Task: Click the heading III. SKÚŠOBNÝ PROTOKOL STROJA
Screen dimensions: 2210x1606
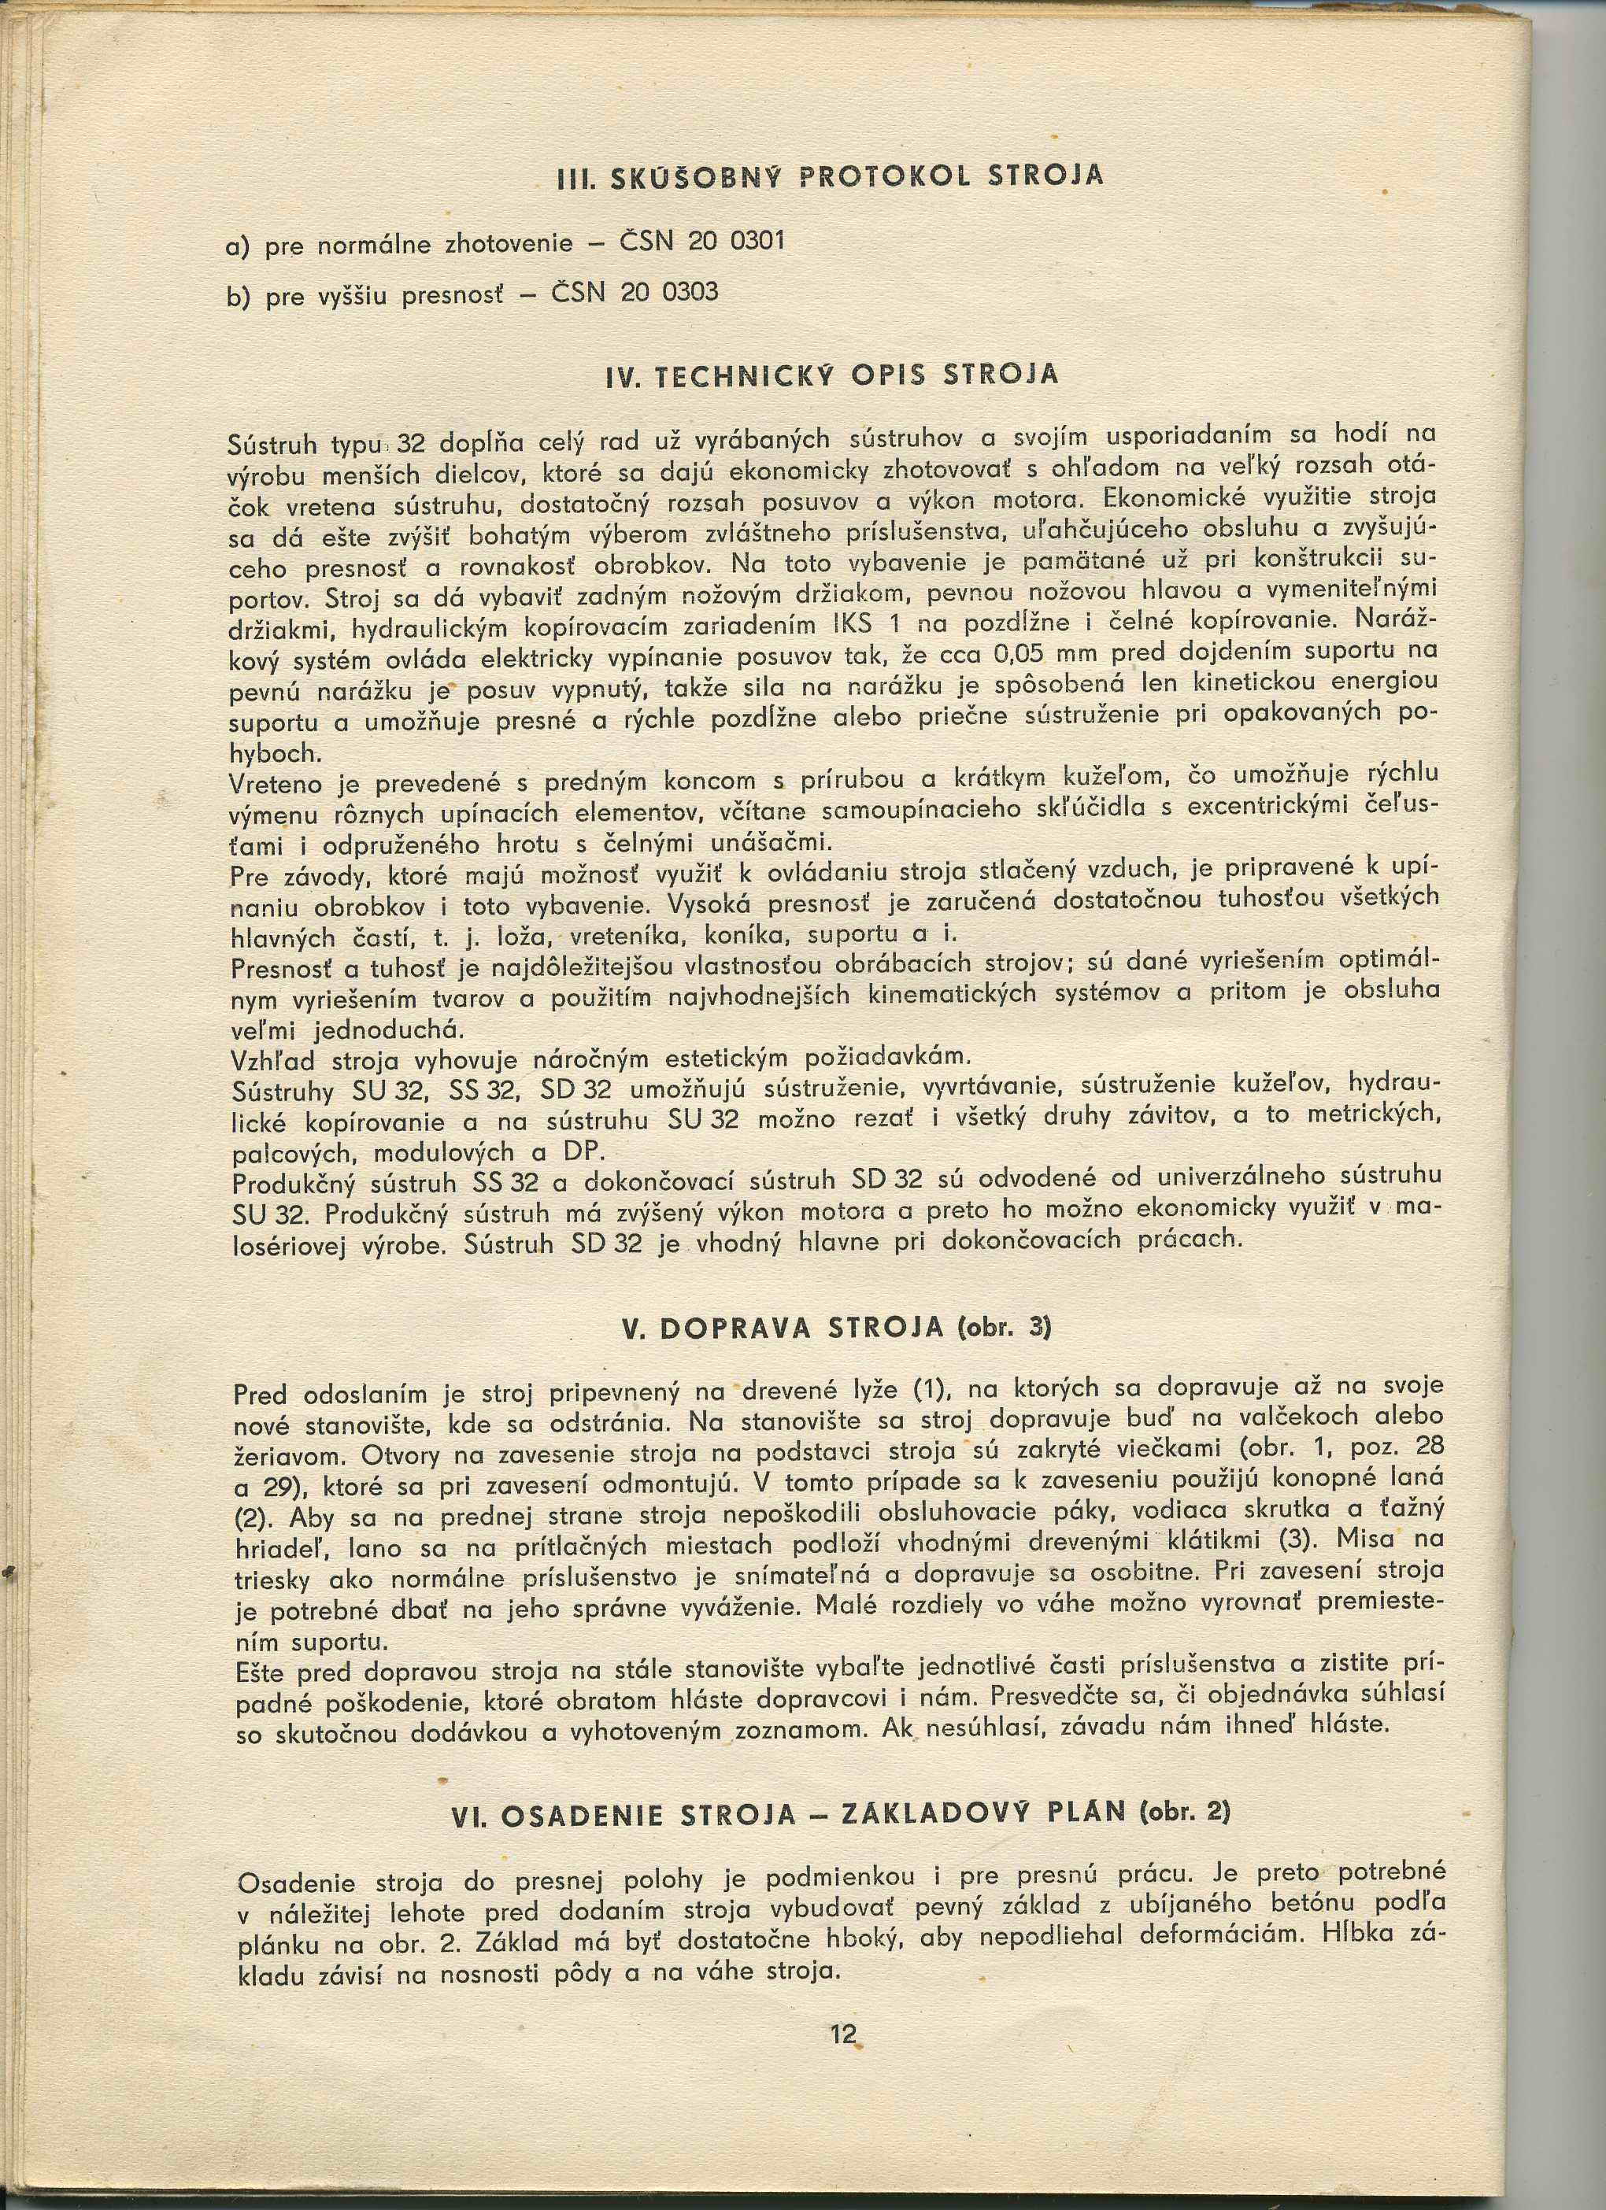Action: pos(829,176)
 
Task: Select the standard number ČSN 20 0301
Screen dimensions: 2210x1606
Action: pos(701,241)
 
